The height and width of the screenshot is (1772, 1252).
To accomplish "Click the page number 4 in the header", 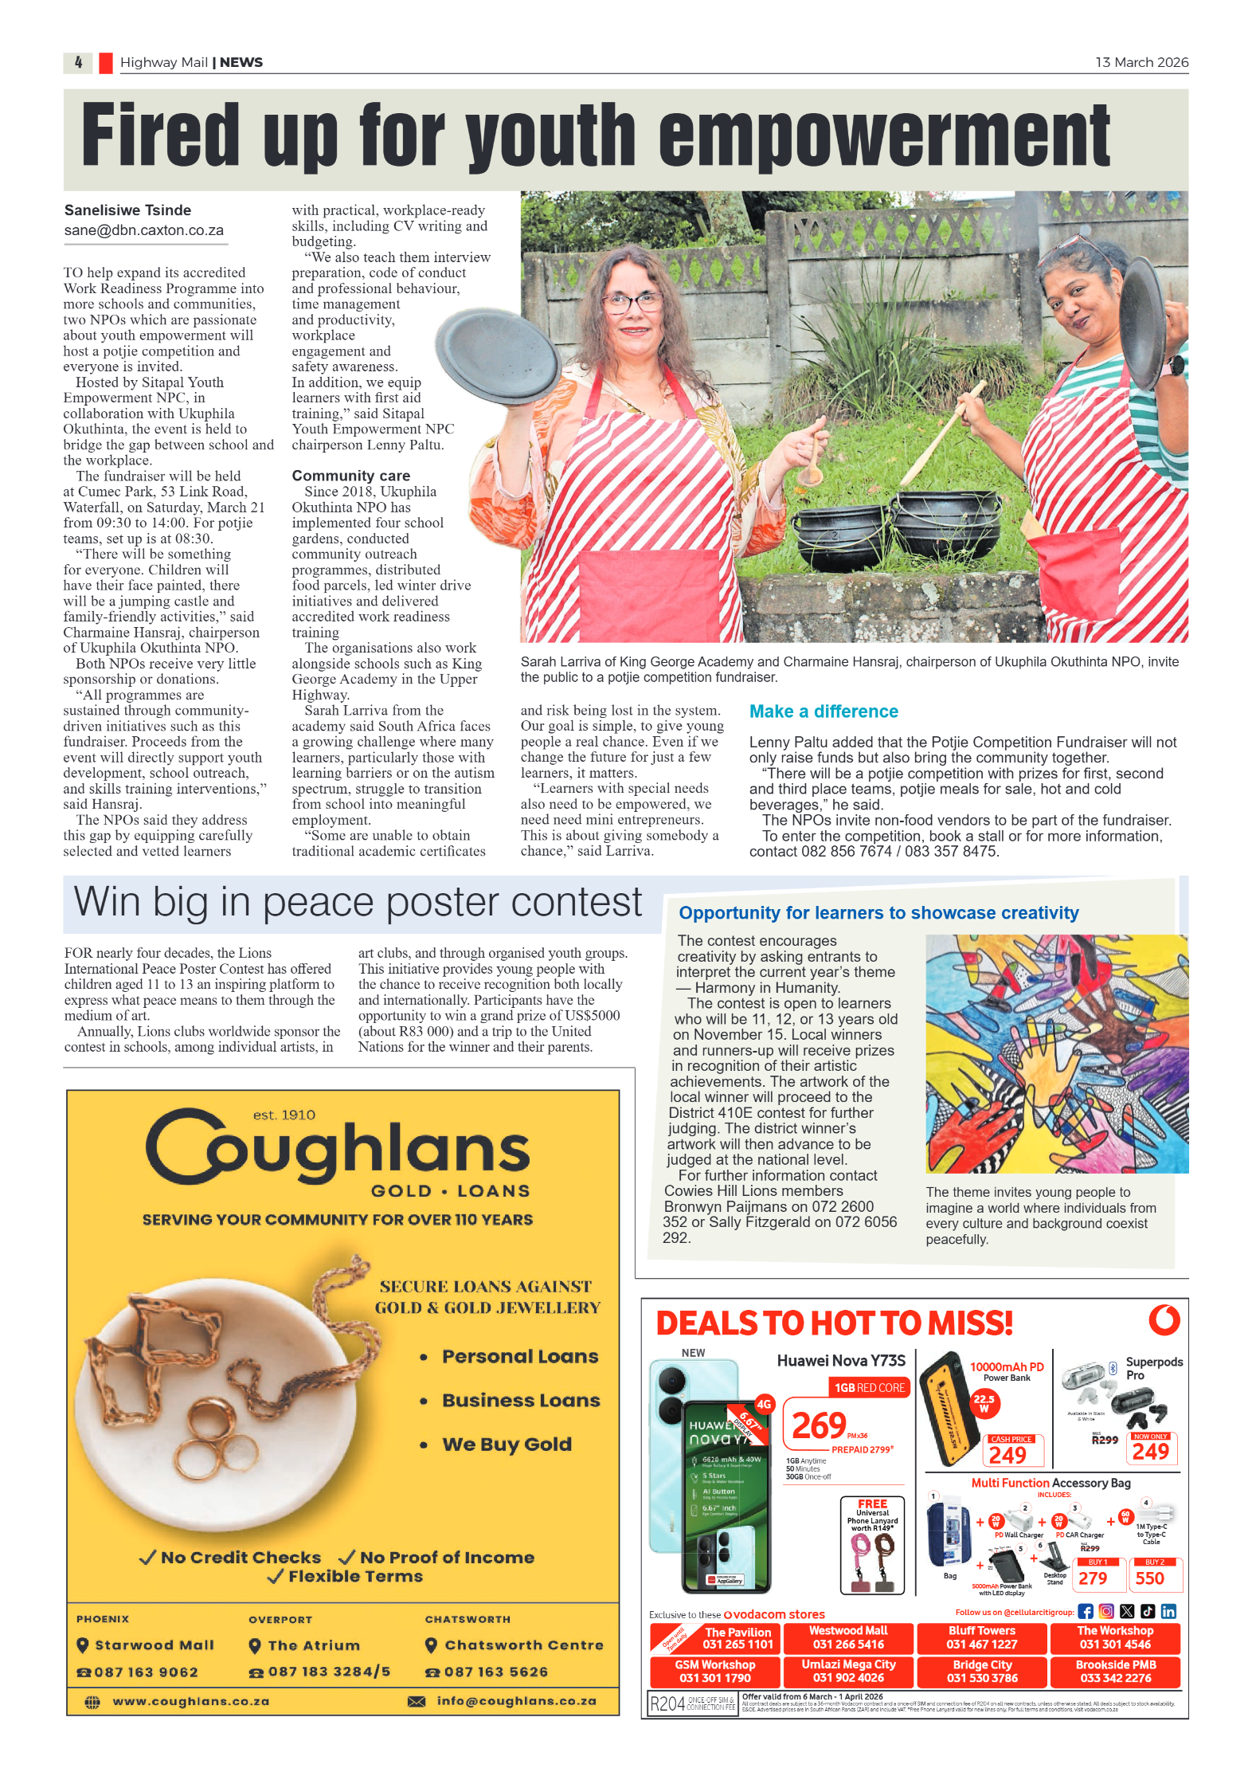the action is (x=78, y=62).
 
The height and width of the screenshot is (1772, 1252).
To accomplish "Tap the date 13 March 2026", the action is (x=1140, y=62).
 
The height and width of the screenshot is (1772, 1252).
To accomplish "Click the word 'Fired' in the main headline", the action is (x=160, y=135).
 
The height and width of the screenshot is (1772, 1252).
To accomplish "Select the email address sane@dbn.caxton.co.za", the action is (x=144, y=230).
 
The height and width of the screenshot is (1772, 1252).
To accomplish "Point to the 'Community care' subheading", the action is (x=350, y=476).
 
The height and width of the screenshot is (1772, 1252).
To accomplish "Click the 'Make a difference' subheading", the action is (x=823, y=712).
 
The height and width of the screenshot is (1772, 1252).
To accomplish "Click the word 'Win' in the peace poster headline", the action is (x=107, y=902).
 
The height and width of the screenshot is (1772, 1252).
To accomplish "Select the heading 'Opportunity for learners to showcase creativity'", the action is (x=878, y=913).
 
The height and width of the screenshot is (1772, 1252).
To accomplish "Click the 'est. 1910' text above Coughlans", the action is (x=284, y=1115).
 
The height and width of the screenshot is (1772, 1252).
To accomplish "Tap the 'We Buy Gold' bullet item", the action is (x=507, y=1445).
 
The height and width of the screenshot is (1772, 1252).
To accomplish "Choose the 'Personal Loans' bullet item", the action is (x=520, y=1357).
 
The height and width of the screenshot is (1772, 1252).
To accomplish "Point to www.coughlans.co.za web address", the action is (x=190, y=1701).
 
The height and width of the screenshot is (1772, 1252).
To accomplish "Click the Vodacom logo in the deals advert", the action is (x=1164, y=1320).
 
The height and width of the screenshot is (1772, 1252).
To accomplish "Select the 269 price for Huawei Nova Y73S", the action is (x=819, y=1425).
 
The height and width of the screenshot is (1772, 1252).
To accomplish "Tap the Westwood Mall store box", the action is (x=848, y=1637).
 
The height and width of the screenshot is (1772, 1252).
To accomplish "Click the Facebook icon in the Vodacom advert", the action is (x=1085, y=1612).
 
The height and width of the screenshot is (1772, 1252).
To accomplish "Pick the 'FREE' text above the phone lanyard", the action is (x=872, y=1503).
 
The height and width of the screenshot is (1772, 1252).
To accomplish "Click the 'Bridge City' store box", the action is (x=982, y=1671).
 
